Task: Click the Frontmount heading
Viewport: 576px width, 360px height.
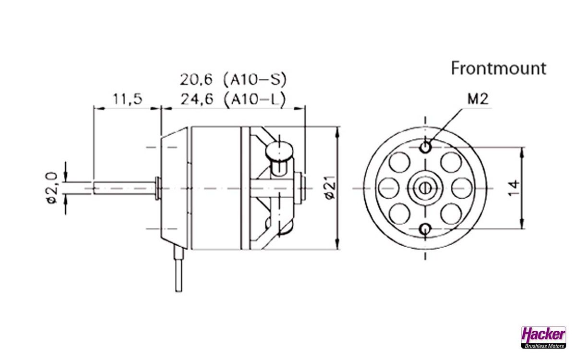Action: pos(498,69)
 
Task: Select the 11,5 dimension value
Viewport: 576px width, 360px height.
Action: pos(127,99)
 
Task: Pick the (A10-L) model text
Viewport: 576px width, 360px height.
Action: pos(255,99)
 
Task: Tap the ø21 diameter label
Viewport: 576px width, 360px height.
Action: pos(329,189)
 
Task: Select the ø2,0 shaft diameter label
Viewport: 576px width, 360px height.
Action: pos(52,188)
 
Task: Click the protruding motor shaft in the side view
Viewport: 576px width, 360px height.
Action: pos(124,188)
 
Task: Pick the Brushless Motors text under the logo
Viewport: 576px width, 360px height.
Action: pos(543,345)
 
